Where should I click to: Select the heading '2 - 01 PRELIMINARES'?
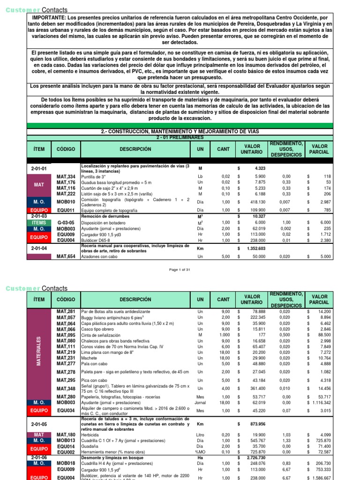pyautogui.click(x=180, y=137)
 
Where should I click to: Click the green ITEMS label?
pyautogui.click(x=39, y=222)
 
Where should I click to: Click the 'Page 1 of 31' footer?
pyautogui.click(x=180, y=270)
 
